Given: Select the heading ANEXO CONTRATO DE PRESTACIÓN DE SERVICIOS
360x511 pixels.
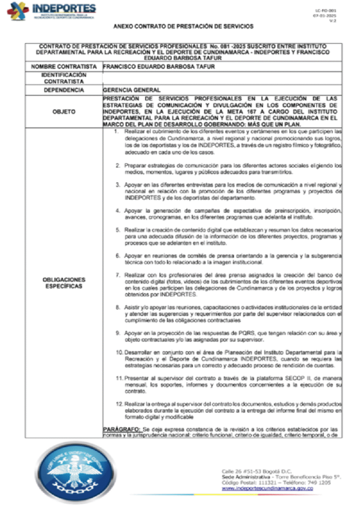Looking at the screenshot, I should coord(183,26).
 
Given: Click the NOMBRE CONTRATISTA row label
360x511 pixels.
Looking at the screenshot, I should coord(63,66).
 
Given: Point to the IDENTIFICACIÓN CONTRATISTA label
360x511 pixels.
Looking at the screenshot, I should coord(63,77).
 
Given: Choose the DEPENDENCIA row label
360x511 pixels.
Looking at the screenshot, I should coord(63,90).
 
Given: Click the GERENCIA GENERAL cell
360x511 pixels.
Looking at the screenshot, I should coord(132,90).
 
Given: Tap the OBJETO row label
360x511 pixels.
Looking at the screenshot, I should coord(63,112).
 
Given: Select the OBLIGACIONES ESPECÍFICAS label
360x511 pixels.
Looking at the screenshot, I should coord(63,283).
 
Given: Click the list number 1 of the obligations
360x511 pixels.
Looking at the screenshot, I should coord(116,131).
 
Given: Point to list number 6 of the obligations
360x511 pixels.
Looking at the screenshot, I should coord(116,255).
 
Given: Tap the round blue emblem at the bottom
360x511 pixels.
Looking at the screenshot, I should coord(74,470).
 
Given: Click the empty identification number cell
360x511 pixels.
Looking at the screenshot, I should coord(221,77).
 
